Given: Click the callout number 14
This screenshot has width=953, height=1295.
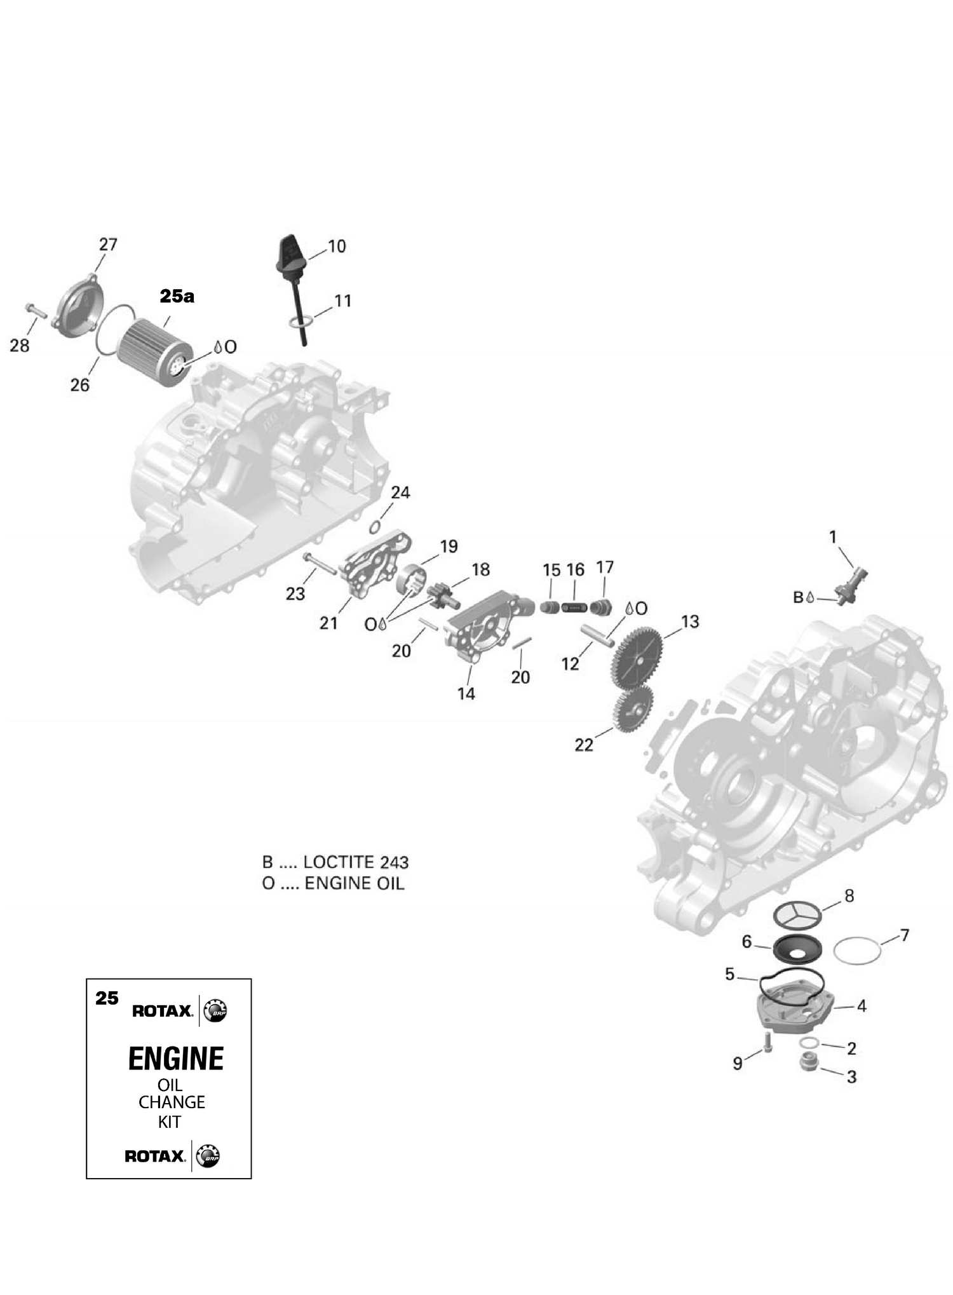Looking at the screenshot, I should (x=466, y=693).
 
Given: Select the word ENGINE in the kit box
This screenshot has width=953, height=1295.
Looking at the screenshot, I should (x=176, y=1058).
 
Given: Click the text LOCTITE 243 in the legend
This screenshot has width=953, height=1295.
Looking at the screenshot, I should (x=356, y=862).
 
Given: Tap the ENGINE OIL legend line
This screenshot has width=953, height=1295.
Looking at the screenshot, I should (x=333, y=883).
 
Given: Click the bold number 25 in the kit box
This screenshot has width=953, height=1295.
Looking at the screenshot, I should (x=107, y=998).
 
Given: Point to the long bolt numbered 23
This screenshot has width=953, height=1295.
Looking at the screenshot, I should (x=319, y=564).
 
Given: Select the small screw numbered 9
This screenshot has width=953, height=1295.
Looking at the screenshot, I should (x=767, y=1042).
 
